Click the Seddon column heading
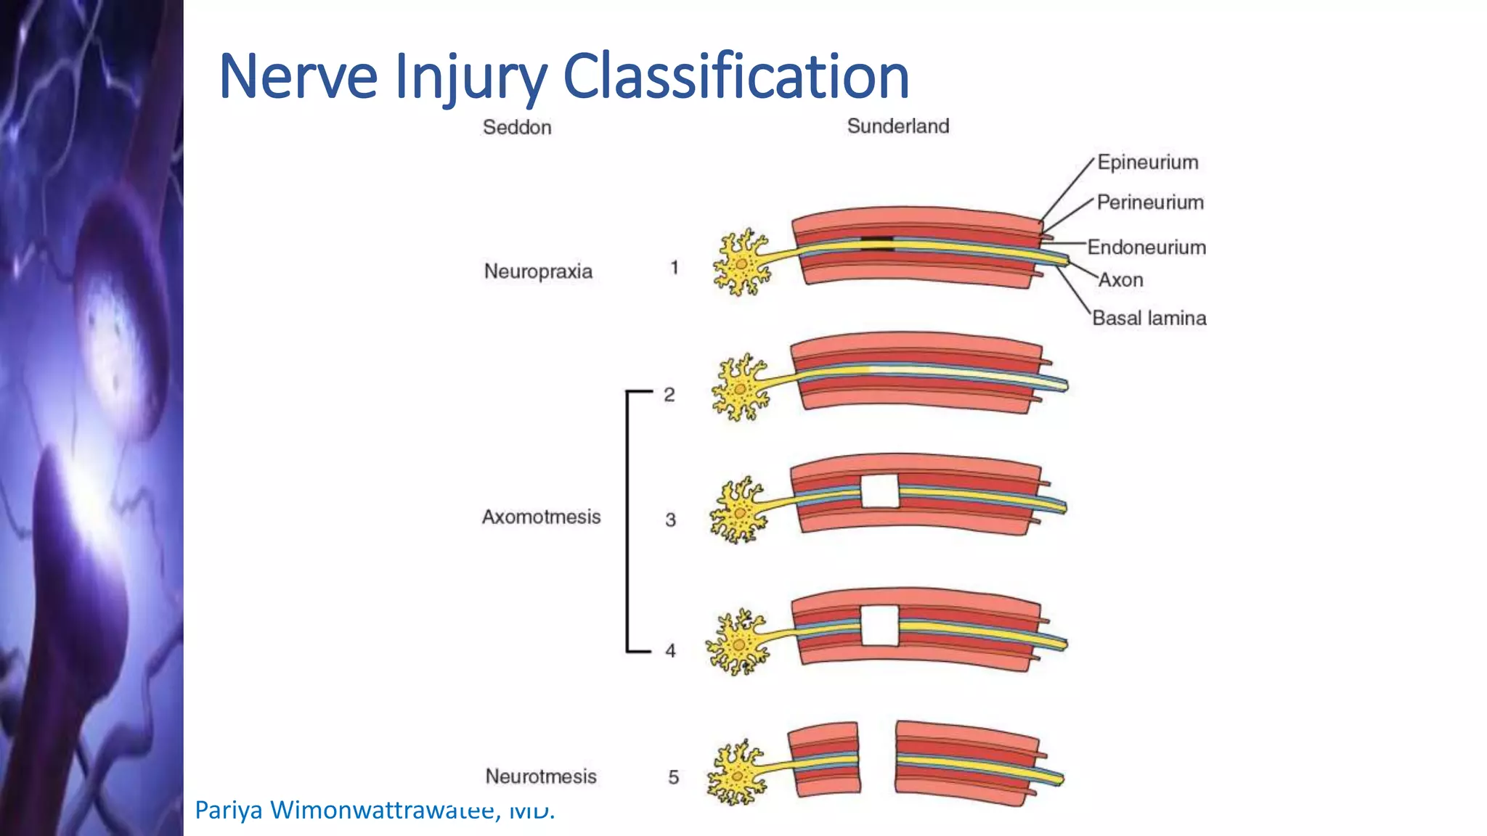tap(517, 128)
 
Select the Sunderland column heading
tap(898, 126)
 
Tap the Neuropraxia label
tap(538, 271)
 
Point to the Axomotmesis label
tap(541, 517)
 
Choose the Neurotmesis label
tap(541, 776)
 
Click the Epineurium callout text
tap(1147, 163)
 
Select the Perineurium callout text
tap(1150, 202)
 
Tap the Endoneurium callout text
tap(1146, 247)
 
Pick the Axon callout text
tap(1120, 280)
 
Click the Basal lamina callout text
tap(1149, 318)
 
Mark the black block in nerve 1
tap(877, 244)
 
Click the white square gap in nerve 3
tap(880, 491)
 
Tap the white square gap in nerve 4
tap(880, 625)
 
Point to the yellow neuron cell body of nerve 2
tap(740, 389)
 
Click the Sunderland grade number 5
tap(673, 778)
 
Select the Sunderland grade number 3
tap(670, 520)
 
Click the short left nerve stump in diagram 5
tap(824, 759)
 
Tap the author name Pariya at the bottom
tap(229, 810)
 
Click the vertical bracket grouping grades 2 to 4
tap(628, 521)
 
